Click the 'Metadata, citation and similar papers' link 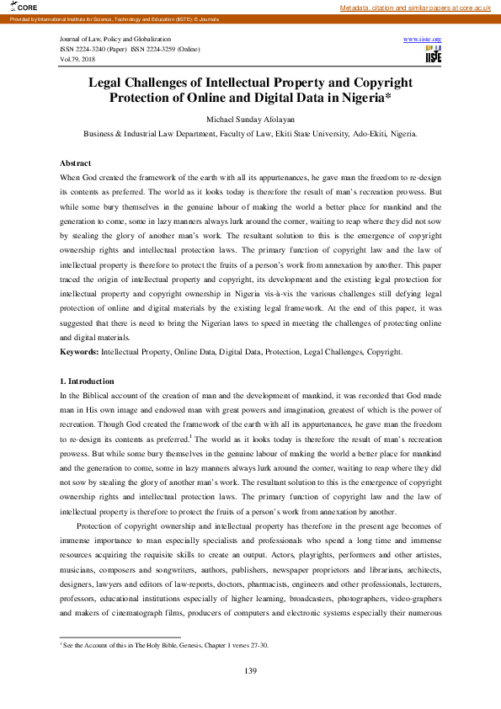(x=415, y=8)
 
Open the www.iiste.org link (x=423, y=40)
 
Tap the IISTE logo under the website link (x=434, y=54)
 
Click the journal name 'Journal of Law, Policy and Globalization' (x=115, y=40)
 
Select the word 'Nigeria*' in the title (x=364, y=98)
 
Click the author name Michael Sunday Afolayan (x=250, y=120)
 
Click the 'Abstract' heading (x=76, y=162)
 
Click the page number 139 (x=250, y=670)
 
